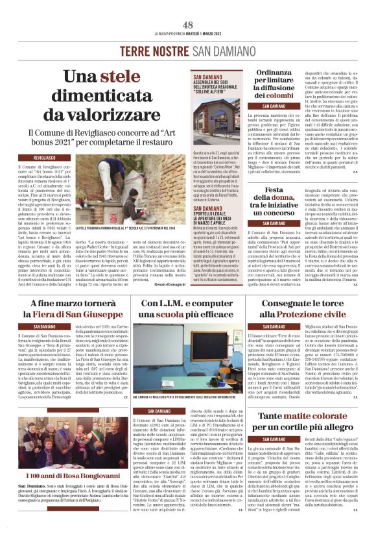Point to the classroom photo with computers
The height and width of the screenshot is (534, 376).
(x=187, y=359)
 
